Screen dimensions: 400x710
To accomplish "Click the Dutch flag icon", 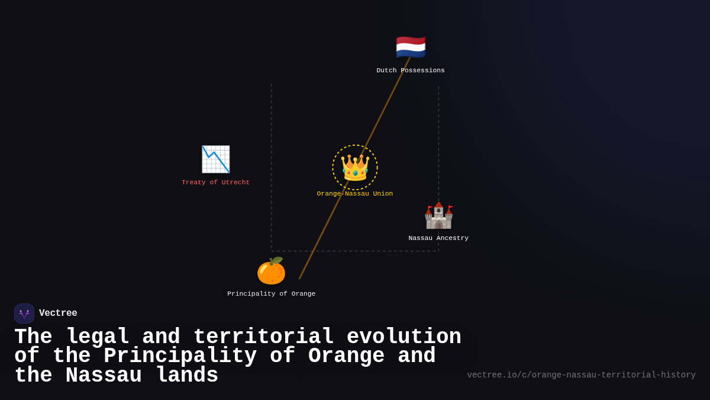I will click(411, 47).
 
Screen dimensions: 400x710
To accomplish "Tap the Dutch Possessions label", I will click(411, 71).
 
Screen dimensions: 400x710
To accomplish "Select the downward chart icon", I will click(215, 159).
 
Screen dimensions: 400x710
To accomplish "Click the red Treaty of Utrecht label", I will click(215, 183).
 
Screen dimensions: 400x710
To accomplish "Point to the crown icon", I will click(355, 168).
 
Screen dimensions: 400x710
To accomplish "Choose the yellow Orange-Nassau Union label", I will click(355, 194).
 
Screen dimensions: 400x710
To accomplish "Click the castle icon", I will click(438, 216).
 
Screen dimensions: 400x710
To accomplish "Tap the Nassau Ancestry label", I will click(438, 238).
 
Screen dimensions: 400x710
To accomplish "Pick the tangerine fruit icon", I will click(271, 271).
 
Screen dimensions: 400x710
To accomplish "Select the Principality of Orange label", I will click(271, 294).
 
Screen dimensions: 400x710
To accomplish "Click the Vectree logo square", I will click(24, 313).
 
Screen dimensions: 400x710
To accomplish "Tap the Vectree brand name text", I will click(58, 313).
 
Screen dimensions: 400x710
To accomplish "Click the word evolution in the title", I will click(404, 337).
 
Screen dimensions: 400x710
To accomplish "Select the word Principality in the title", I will click(180, 356).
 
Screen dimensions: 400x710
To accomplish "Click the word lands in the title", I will click(187, 376).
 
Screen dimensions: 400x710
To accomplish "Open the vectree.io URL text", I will click(581, 375).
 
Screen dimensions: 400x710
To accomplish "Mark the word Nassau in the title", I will click(104, 376).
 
